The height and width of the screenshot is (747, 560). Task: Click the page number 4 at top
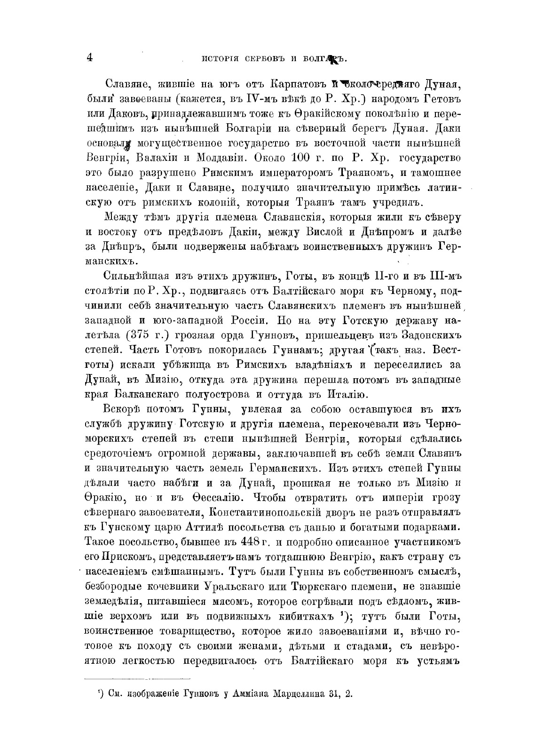point(89,58)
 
